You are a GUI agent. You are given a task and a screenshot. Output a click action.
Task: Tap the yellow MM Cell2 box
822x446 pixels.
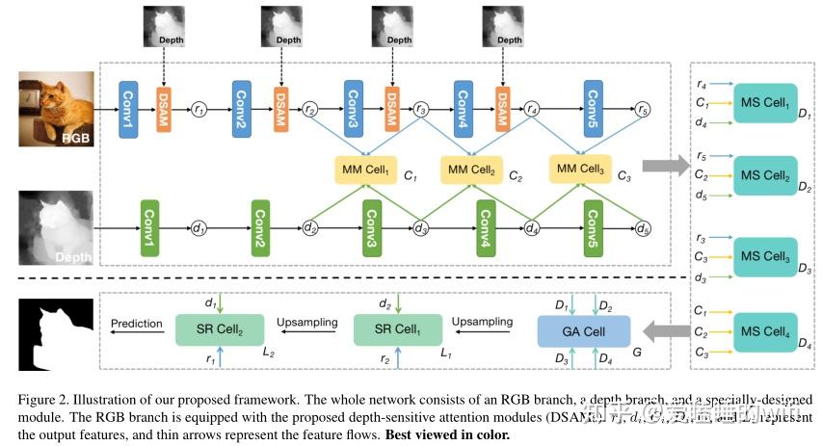coord(471,170)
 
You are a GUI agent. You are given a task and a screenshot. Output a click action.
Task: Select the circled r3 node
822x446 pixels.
coord(421,110)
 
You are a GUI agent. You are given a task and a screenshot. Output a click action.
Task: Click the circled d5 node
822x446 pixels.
coord(643,228)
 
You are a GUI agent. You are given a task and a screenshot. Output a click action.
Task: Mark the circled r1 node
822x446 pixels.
coord(199,110)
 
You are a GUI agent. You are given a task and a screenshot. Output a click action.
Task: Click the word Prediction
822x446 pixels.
coord(136,324)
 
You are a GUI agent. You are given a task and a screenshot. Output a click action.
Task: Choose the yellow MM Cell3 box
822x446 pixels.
coord(580,170)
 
